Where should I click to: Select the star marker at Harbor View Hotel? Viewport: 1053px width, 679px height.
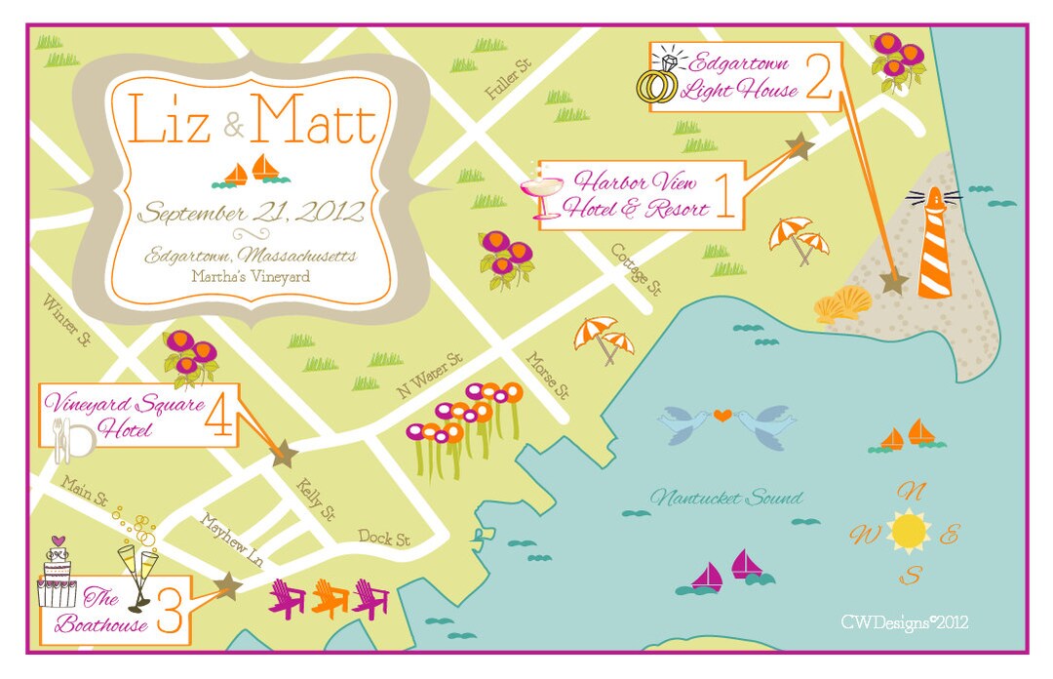pos(799,147)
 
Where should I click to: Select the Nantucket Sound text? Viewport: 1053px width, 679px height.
pos(726,499)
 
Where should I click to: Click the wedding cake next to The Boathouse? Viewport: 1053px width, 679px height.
pos(58,578)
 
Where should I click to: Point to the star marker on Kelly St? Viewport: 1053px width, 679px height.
pos(284,453)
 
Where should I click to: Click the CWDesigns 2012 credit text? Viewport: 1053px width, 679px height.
pos(904,621)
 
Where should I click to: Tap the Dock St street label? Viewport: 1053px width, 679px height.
pos(383,538)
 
